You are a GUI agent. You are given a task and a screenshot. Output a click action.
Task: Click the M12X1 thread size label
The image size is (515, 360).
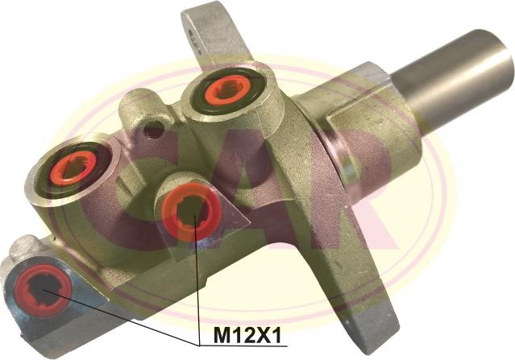(247, 336)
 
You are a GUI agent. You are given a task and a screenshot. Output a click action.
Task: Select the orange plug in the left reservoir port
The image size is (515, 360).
(73, 168)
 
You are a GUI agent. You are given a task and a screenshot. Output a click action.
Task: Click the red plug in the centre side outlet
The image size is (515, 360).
(191, 212)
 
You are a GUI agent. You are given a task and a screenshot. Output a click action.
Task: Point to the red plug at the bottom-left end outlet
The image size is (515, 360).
(43, 290)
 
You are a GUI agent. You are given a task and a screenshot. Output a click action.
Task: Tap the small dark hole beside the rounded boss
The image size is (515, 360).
(153, 130)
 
